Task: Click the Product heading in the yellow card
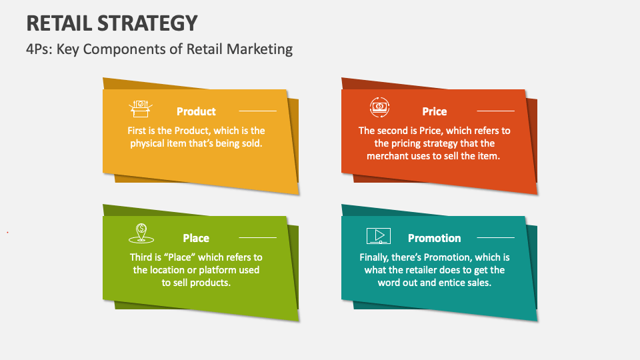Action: tap(196, 111)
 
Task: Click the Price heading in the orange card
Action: tap(435, 111)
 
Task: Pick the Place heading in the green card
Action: tap(196, 238)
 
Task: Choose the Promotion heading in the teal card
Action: tap(435, 238)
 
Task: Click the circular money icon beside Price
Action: tap(379, 107)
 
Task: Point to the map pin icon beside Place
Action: tap(141, 233)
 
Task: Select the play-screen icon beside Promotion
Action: tap(379, 235)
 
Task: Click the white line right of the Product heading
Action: tap(257, 111)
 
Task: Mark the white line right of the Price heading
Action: tap(496, 111)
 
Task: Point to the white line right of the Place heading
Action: tap(257, 238)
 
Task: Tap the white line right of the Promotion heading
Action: tap(496, 238)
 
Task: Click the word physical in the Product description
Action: tap(148, 143)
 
